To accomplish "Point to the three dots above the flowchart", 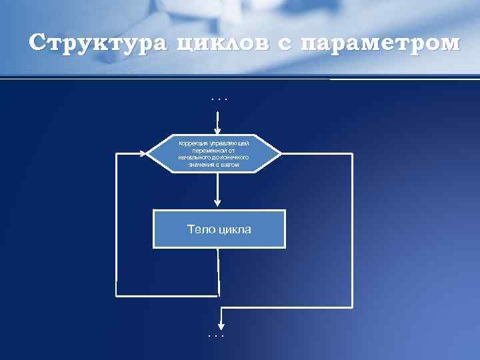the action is pos(218,100).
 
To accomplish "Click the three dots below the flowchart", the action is pos(216,335).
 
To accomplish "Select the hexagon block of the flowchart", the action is pos(214,153).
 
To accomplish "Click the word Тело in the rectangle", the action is pos(201,229).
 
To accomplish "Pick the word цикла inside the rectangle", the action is pos(234,229).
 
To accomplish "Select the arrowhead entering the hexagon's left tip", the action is pos(142,153).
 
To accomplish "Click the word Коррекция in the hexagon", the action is pos(193,143).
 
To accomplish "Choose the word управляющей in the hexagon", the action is pos(230,143).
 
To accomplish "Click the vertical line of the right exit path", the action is pos(352,230).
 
